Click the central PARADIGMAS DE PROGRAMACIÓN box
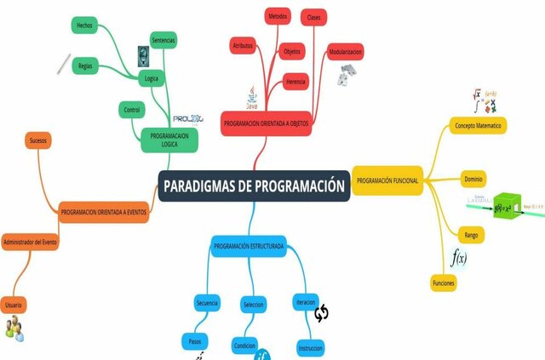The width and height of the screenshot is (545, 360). [x=254, y=186]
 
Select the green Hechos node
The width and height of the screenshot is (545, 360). [x=84, y=26]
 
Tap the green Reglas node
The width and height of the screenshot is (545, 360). [x=84, y=66]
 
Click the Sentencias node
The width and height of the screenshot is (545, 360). [x=163, y=40]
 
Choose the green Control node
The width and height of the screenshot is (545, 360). [x=132, y=110]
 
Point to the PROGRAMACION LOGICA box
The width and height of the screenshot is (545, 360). [x=169, y=140]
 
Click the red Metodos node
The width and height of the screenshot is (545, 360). [x=277, y=16]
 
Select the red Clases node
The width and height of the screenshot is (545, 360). [x=313, y=17]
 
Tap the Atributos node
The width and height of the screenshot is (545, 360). [x=243, y=46]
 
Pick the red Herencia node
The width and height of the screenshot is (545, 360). [x=295, y=82]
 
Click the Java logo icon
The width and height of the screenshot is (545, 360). [x=252, y=95]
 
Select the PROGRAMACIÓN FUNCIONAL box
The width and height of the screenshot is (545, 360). [x=387, y=180]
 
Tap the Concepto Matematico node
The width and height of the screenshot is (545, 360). [x=478, y=125]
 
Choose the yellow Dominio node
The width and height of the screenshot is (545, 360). [x=473, y=180]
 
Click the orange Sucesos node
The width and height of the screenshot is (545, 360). [x=38, y=140]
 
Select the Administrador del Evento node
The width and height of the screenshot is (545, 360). [x=30, y=243]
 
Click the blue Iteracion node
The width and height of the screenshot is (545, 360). [x=306, y=303]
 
